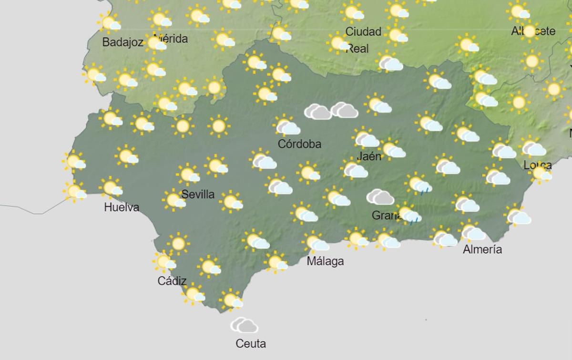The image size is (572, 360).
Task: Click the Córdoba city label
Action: (299, 144)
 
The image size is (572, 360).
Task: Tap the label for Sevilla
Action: (198, 195)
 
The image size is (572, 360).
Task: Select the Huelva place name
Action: (122, 207)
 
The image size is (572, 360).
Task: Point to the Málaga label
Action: (326, 261)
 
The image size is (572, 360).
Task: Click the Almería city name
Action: (482, 249)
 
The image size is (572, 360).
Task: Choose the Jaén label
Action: (369, 156)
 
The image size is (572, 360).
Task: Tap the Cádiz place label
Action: (172, 281)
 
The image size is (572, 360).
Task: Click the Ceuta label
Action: (251, 343)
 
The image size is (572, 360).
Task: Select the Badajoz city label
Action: (123, 42)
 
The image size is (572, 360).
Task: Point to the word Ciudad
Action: (363, 32)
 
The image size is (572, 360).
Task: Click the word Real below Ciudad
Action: (357, 49)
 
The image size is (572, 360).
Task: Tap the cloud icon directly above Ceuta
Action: (244, 326)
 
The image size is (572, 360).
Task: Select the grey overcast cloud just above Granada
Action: (380, 196)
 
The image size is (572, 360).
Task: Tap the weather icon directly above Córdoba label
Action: (287, 127)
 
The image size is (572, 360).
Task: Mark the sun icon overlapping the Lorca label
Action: (541, 174)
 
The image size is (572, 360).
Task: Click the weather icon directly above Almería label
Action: (472, 233)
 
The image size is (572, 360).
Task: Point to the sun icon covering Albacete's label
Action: (529, 31)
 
